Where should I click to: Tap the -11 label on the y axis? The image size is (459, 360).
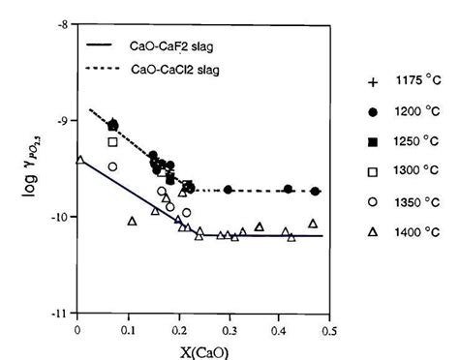click(61, 314)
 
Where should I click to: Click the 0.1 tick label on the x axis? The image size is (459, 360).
click(128, 327)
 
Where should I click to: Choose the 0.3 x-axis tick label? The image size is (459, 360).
click(229, 327)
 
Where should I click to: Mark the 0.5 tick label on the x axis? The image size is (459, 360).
click(329, 327)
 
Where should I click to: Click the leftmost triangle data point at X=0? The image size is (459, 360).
click(79, 160)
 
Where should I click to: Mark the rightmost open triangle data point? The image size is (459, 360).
click(313, 224)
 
